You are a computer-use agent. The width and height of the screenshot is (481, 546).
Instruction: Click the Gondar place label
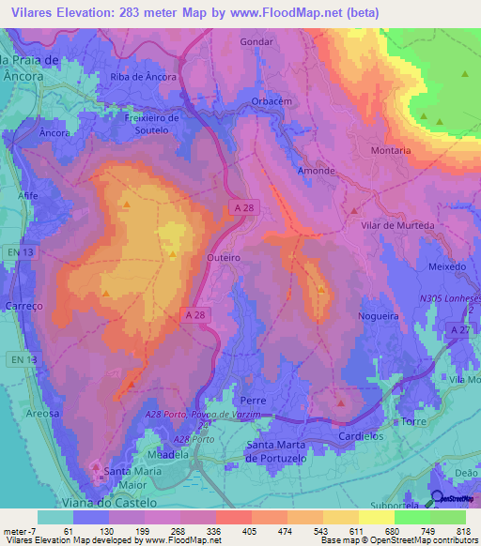coord(256,42)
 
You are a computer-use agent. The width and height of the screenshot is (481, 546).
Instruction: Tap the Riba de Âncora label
coord(143,77)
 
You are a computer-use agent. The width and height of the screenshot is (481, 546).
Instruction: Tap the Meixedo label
coord(447,266)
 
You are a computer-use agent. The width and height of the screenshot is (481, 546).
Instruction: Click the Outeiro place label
coord(224,256)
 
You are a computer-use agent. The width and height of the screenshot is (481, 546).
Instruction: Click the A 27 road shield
coord(458,330)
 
